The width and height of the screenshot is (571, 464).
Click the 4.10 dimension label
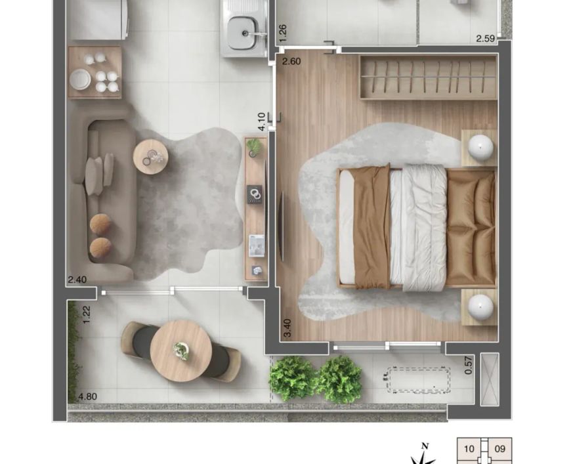pos(261,121)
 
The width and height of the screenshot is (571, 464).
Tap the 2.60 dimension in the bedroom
pos(291,61)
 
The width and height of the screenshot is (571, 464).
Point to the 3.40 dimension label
pos(287,327)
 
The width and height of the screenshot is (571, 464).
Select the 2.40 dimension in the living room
pos(77,280)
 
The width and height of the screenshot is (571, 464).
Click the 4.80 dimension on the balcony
pos(88,396)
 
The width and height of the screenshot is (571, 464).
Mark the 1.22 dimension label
pos(86,314)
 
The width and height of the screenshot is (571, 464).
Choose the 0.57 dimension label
pos(469,365)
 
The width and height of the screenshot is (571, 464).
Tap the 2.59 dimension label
pos(486,38)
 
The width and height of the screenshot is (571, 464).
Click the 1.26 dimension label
pos(283,33)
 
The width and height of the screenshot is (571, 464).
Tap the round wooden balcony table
pos(181,350)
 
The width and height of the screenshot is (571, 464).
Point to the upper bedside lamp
pos(480,148)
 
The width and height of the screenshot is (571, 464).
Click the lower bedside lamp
pos(480,306)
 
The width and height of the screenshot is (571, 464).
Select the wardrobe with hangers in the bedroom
pos(429,77)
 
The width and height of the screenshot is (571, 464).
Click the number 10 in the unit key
pos(469,449)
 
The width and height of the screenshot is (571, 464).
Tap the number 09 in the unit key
pos(500,449)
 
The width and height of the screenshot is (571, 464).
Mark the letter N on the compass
pos(424,446)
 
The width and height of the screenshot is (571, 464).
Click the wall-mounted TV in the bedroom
pos(281,226)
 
